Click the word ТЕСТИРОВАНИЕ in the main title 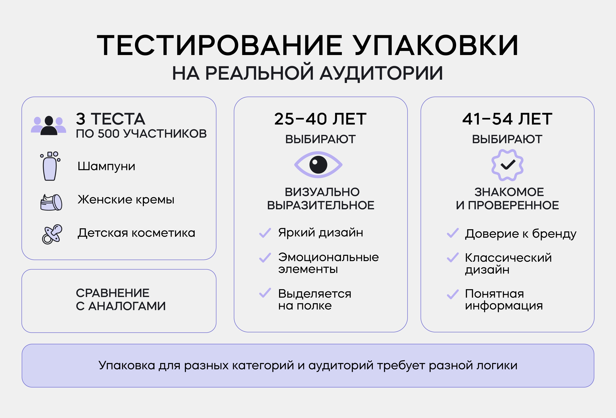220,45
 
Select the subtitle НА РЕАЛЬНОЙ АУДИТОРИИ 308,73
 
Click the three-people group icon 49,126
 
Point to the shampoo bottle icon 50,166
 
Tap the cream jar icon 51,202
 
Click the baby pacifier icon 52,234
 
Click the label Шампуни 106,166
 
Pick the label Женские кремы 126,199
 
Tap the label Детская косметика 136,233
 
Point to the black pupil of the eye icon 318,165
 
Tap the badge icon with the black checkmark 507,165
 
